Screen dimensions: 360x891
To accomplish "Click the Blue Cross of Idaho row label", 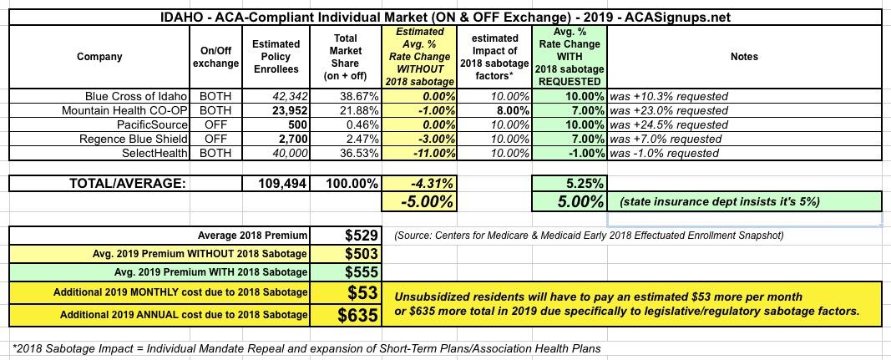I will [137, 96].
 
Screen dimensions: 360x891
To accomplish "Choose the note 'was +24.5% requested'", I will [670, 124].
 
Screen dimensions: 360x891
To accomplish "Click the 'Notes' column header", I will [743, 57].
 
